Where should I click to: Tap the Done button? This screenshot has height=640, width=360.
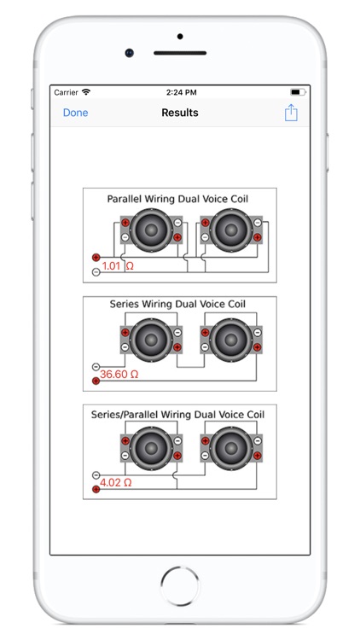tap(76, 113)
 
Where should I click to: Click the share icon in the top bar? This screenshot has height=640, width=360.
tap(291, 113)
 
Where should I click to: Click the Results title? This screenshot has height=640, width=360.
tap(180, 113)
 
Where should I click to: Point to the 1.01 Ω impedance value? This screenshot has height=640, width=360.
tap(118, 266)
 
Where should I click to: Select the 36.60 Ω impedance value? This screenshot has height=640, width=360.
tap(119, 374)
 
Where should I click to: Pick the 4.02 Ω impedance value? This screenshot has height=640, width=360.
tap(116, 482)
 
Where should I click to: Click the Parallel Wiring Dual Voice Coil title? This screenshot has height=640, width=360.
tap(177, 199)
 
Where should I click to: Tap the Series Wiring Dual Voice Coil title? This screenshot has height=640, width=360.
tap(177, 304)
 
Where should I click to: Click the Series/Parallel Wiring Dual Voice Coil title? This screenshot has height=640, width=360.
tap(177, 415)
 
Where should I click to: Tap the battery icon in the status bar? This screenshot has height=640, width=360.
tap(298, 92)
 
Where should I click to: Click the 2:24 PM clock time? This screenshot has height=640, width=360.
tap(181, 93)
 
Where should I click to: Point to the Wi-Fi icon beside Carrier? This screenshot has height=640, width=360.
tap(85, 92)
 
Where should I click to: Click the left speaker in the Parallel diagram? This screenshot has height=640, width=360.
tap(152, 230)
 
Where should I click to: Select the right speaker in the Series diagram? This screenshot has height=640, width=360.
tap(231, 340)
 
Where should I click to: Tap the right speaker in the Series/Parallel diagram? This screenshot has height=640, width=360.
tap(231, 448)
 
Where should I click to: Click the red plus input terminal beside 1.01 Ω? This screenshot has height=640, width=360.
tap(96, 257)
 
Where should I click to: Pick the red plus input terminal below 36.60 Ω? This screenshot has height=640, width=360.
tap(96, 381)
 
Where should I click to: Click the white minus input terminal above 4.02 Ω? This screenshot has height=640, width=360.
tap(96, 475)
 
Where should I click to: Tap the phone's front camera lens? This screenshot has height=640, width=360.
tap(130, 53)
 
